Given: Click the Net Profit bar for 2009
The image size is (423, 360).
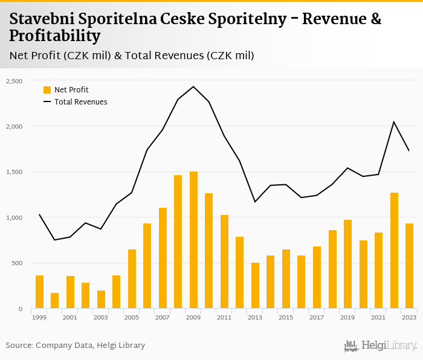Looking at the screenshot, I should [193, 240].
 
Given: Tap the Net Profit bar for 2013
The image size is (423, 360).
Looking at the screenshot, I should [255, 286].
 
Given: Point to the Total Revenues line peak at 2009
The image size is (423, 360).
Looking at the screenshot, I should [193, 86].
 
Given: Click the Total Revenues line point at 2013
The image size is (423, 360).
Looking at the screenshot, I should [255, 202].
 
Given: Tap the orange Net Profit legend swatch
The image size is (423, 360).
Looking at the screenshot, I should [47, 90].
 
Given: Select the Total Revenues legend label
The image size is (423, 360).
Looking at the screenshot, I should [80, 102].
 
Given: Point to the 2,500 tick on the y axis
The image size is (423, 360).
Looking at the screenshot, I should [14, 81].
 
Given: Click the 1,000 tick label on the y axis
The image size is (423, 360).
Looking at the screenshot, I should [14, 217].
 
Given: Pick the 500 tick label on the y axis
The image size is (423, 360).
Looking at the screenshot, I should [16, 263].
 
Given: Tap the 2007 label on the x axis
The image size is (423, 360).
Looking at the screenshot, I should [163, 317].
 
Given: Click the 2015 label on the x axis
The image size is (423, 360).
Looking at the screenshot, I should [286, 317].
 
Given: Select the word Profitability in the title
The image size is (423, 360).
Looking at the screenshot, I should [54, 36].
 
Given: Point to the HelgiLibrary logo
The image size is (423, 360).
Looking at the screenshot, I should [380, 346].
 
